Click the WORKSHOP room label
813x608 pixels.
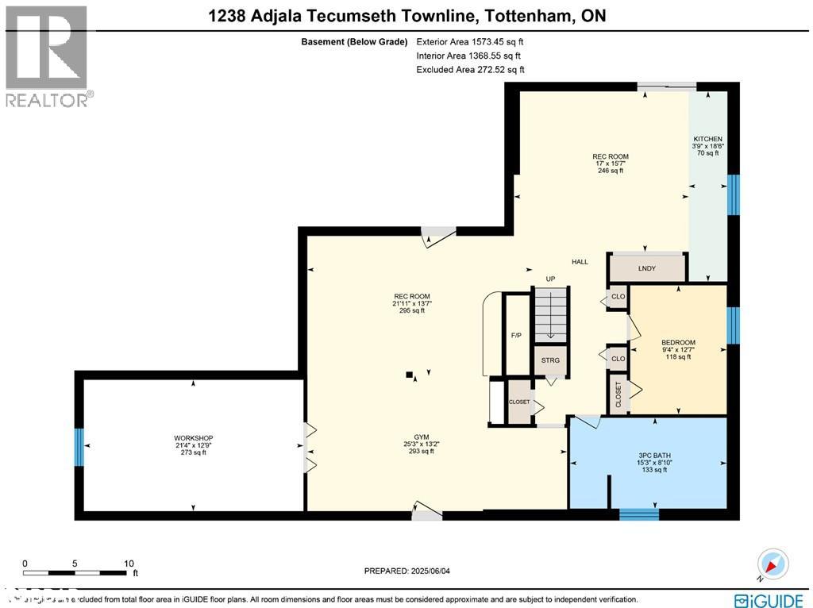[x=194, y=438]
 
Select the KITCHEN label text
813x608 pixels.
[x=707, y=139]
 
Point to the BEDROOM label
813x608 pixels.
[x=678, y=343]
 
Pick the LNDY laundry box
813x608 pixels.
[x=646, y=268]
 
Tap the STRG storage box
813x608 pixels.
[x=550, y=360]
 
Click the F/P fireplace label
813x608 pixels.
[x=515, y=336]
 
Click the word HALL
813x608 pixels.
[x=580, y=262]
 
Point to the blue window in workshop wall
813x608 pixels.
[x=79, y=448]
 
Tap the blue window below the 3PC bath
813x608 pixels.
[x=639, y=514]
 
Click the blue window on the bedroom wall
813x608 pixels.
[x=734, y=325]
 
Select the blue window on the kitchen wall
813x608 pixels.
[x=734, y=194]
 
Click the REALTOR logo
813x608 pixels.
[x=48, y=56]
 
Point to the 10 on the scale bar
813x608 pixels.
[x=129, y=563]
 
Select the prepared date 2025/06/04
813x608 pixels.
[x=411, y=571]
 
